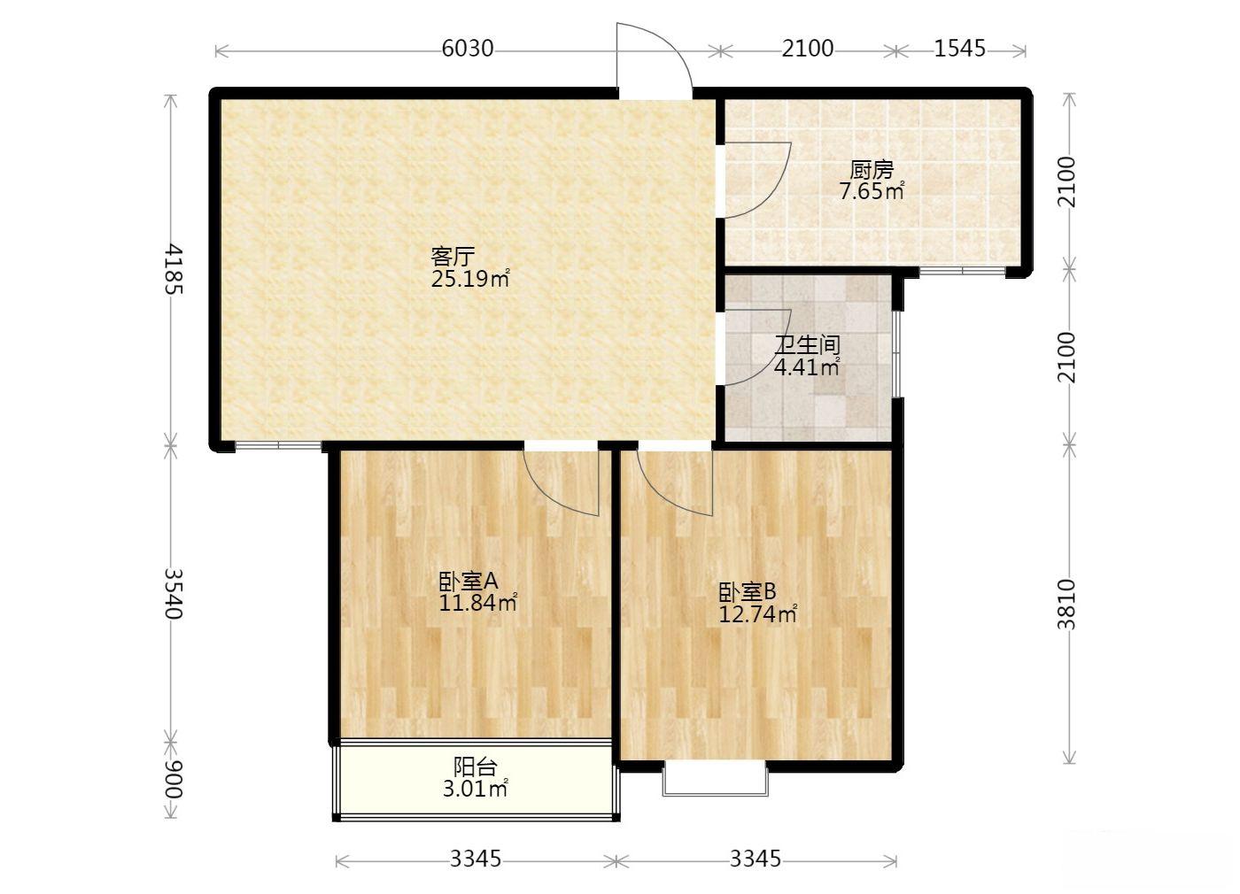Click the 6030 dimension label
pyautogui.click(x=468, y=49)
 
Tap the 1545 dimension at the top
pyautogui.click(x=959, y=49)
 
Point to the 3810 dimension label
pyautogui.click(x=1066, y=605)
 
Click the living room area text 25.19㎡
pyautogui.click(x=469, y=279)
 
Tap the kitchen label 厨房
pyautogui.click(x=872, y=170)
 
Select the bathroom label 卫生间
pyautogui.click(x=807, y=345)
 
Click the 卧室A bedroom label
pyautogui.click(x=469, y=581)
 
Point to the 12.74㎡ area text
pyautogui.click(x=757, y=614)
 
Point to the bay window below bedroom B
pyautogui.click(x=716, y=780)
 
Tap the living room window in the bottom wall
pyautogui.click(x=278, y=444)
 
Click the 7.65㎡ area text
pyautogui.click(x=872, y=191)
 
